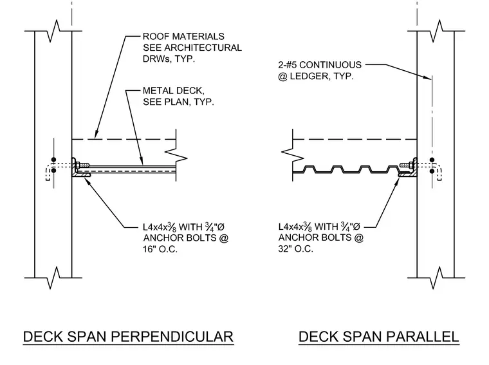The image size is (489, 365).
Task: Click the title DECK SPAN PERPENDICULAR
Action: [128, 337]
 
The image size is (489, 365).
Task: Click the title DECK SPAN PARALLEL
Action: [378, 337]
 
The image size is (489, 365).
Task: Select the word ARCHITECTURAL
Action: [203, 48]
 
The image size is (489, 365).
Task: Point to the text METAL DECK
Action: [173, 91]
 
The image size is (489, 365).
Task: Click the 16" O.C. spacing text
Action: [160, 249]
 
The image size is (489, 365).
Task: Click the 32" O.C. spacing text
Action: [295, 249]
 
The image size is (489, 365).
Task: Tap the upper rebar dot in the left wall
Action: [53, 160]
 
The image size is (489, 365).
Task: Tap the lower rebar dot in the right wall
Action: [432, 171]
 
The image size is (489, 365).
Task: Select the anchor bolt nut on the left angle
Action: [77, 164]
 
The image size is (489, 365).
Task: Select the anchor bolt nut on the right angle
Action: [411, 164]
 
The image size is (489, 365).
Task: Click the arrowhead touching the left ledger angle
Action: [87, 181]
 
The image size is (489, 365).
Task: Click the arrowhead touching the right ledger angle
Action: [397, 181]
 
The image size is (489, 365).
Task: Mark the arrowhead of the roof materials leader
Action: [97, 134]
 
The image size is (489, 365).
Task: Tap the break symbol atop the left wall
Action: [53, 31]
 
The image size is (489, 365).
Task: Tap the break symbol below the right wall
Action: [437, 277]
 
